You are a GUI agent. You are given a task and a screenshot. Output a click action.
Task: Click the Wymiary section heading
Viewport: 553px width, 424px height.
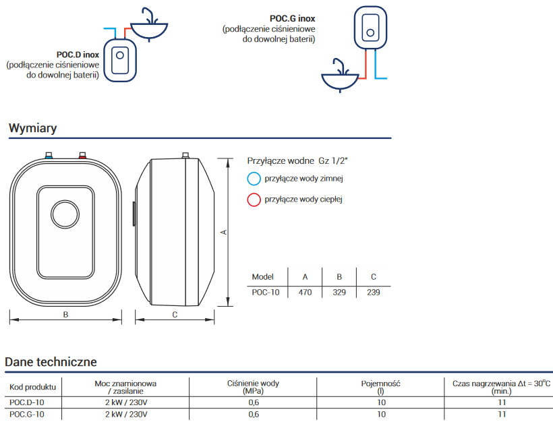click(32, 128)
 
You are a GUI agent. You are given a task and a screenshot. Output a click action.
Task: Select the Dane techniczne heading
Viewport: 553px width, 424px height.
click(51, 362)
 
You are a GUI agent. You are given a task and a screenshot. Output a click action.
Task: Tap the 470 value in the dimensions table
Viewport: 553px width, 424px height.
click(305, 293)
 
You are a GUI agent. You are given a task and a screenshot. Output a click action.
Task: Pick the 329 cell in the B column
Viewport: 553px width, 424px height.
click(339, 293)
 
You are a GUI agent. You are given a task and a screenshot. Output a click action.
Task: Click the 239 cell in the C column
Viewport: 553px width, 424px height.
click(374, 293)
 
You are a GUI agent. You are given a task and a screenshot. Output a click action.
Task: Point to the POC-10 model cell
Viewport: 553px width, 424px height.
click(265, 293)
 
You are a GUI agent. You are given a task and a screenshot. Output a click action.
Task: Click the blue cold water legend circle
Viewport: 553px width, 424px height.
click(254, 179)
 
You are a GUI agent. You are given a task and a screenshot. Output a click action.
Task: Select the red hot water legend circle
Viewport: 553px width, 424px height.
click(254, 200)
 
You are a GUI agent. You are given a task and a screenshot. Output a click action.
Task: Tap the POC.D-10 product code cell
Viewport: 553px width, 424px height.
click(27, 402)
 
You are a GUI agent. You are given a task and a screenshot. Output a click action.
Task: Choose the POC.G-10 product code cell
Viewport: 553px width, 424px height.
click(27, 414)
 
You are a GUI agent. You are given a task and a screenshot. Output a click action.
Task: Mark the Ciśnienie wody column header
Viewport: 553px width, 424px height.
click(253, 384)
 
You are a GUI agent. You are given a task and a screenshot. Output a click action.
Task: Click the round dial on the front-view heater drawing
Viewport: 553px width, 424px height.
click(65, 214)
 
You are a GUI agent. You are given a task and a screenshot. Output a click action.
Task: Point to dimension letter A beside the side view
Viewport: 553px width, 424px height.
click(224, 233)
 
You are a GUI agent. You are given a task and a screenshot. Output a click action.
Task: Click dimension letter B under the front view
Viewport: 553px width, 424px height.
click(65, 314)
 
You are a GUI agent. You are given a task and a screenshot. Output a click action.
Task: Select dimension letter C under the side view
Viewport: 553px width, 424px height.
click(175, 314)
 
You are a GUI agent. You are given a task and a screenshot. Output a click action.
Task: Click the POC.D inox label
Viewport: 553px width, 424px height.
click(78, 54)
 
